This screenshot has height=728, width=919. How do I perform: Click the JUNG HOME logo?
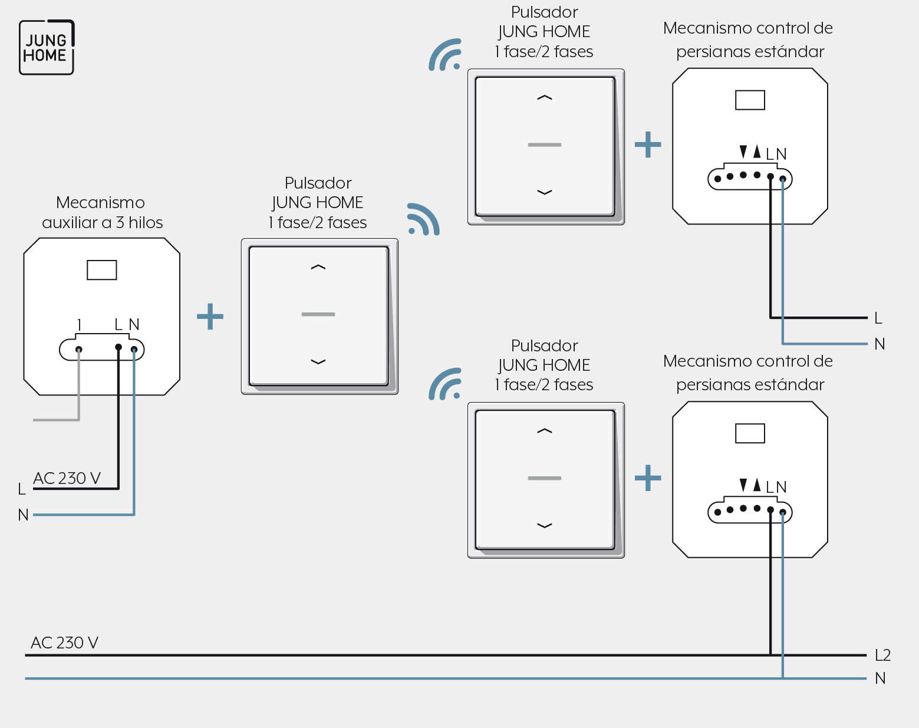click(x=47, y=47)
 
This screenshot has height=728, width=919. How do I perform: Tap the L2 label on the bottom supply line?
click(x=882, y=655)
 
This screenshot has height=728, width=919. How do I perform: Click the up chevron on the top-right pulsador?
click(x=545, y=98)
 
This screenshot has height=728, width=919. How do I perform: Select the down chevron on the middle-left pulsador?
click(x=318, y=362)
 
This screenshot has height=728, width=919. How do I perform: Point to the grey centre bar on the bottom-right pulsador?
click(x=545, y=478)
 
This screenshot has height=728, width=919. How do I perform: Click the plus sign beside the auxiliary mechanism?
click(x=210, y=317)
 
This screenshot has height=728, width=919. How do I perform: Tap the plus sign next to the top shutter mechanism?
click(x=648, y=144)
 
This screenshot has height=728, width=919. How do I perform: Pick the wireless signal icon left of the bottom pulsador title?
click(x=445, y=384)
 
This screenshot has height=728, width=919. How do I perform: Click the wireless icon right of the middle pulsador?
click(x=423, y=219)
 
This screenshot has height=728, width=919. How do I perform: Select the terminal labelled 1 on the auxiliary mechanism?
click(x=78, y=350)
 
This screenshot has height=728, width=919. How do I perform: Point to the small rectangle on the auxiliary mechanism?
click(x=101, y=270)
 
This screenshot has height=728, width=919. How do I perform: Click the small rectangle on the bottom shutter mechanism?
click(x=750, y=433)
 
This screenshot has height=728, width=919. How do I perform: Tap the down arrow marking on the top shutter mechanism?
click(x=743, y=151)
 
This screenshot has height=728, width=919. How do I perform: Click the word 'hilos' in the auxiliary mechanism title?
click(x=146, y=222)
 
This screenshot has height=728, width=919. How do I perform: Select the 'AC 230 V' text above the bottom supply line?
click(x=64, y=643)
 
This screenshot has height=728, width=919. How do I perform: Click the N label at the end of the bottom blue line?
click(x=880, y=678)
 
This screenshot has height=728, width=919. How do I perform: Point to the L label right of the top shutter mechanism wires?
click(x=878, y=318)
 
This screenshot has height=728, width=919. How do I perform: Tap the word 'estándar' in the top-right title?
click(x=793, y=51)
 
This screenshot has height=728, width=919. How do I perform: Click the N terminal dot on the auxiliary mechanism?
click(x=134, y=350)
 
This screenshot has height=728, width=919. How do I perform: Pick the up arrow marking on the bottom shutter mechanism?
click(x=757, y=485)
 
